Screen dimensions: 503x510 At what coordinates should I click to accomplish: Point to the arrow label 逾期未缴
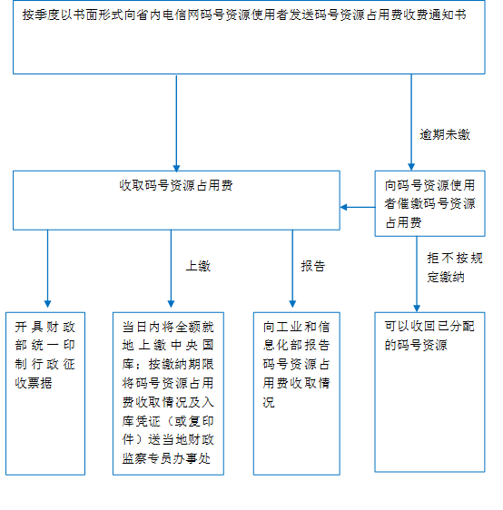tap(445, 134)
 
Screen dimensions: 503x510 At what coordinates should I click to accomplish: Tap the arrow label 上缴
tap(198, 266)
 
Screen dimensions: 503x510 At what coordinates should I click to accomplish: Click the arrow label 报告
tap(313, 266)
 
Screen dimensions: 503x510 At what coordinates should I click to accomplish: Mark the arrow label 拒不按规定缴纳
tap(455, 268)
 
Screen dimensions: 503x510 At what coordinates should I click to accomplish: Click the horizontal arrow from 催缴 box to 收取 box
tap(358, 207)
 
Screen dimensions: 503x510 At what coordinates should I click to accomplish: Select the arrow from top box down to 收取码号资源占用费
tap(176, 123)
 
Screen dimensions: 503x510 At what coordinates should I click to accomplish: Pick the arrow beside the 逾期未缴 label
tap(411, 123)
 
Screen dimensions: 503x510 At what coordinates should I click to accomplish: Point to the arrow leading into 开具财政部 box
tap(47, 269)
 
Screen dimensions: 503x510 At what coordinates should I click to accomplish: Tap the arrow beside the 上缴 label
tap(171, 269)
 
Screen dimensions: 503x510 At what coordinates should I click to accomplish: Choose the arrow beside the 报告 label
tap(292, 269)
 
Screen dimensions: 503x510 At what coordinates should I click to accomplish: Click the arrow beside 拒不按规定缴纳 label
tap(417, 274)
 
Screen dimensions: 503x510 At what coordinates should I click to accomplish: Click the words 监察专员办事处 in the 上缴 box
tap(166, 458)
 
